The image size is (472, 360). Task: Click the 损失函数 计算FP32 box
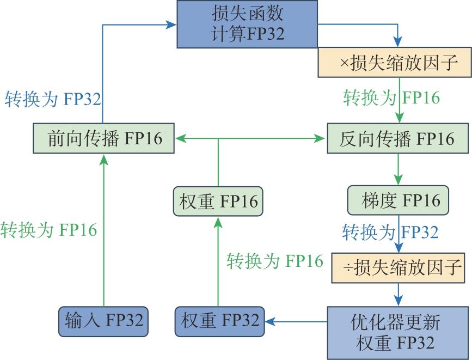tap(247, 24)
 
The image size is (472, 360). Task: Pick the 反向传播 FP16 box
tap(397, 138)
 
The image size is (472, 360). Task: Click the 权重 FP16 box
tap(218, 202)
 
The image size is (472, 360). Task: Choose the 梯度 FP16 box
tap(398, 201)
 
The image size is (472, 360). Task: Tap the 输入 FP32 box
tap(103, 320)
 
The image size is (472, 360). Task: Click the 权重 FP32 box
tap(220, 320)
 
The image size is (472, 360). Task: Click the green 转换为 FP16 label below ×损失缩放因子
tap(391, 97)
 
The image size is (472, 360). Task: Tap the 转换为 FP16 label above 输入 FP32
tap(48, 229)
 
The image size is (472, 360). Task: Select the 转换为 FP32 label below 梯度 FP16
tap(390, 233)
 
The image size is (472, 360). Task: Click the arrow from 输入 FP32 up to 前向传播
tap(103, 229)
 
